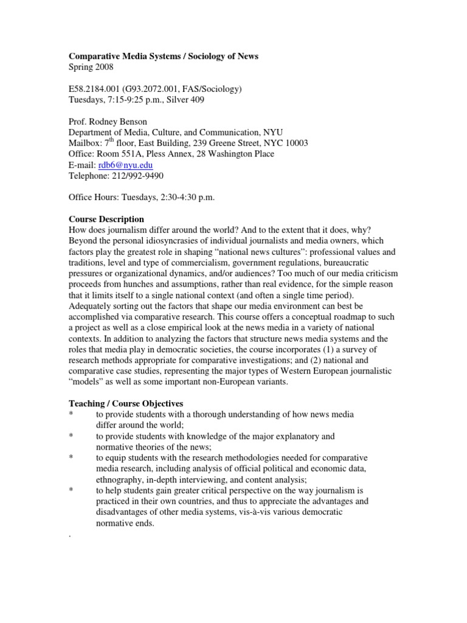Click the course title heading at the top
(163, 56)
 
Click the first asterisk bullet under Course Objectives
(71, 414)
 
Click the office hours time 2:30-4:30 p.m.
(181, 198)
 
